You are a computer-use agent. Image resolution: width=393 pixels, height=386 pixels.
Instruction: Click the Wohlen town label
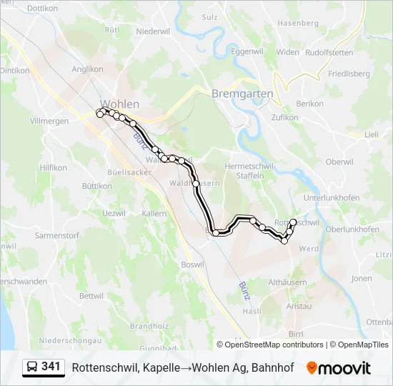pyautogui.click(x=120, y=104)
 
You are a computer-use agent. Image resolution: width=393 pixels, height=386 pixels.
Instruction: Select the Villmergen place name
pyautogui.click(x=49, y=122)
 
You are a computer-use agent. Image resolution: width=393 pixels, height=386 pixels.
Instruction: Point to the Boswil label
pyautogui.click(x=193, y=265)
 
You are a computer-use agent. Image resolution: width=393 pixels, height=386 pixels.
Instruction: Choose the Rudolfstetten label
pyautogui.click(x=329, y=52)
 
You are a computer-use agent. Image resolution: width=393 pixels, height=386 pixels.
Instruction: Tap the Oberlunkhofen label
pyautogui.click(x=352, y=229)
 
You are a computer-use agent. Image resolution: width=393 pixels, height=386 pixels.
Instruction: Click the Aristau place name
pyautogui.click(x=299, y=306)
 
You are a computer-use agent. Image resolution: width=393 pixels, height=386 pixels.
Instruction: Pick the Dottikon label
pyautogui.click(x=41, y=9)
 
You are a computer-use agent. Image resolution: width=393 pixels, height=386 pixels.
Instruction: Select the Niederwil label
pyautogui.click(x=151, y=31)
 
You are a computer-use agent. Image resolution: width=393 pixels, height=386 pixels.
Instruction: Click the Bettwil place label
pyautogui.click(x=91, y=295)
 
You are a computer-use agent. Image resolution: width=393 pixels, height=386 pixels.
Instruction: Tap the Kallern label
pyautogui.click(x=154, y=214)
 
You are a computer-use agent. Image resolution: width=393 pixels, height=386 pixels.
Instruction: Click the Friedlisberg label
pyautogui.click(x=348, y=74)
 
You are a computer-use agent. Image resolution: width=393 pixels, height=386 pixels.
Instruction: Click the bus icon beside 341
pyautogui.click(x=32, y=367)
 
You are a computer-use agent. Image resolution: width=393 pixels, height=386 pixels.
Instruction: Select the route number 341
pyautogui.click(x=51, y=367)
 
